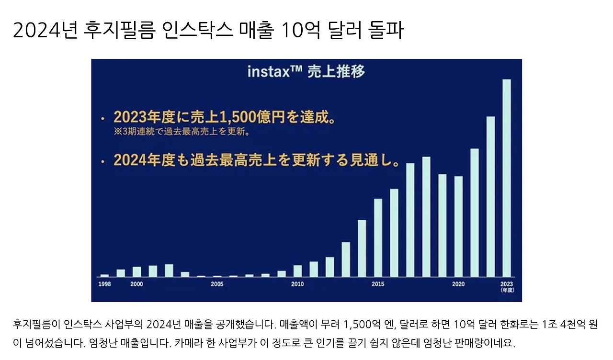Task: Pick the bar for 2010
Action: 297,271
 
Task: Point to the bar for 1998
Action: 104,275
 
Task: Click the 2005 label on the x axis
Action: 217,284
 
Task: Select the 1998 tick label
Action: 104,284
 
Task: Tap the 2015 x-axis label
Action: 378,284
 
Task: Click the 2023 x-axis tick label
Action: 506,284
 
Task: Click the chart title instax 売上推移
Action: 306,71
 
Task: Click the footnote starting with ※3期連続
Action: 182,131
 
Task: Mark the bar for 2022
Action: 490,196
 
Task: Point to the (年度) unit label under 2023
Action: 506,291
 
